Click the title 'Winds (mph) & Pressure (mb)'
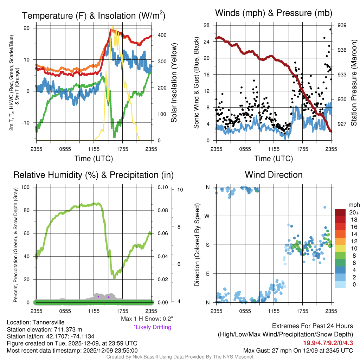pyautogui.click(x=274, y=13)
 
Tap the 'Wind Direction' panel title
pyautogui.click(x=274, y=175)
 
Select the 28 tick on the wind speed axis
pyautogui.click(x=207, y=25)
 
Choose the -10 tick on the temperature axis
pyautogui.click(x=27, y=123)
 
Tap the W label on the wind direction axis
pyautogui.click(x=207, y=216)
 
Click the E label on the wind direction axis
pyautogui.click(x=208, y=274)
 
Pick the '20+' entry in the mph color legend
pyautogui.click(x=354, y=213)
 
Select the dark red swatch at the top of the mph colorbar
pyautogui.click(x=340, y=212)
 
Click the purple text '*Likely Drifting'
pyautogui.click(x=152, y=327)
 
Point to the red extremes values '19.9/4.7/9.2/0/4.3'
pyautogui.click(x=328, y=343)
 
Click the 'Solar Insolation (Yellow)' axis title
pyautogui.click(x=174, y=83)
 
